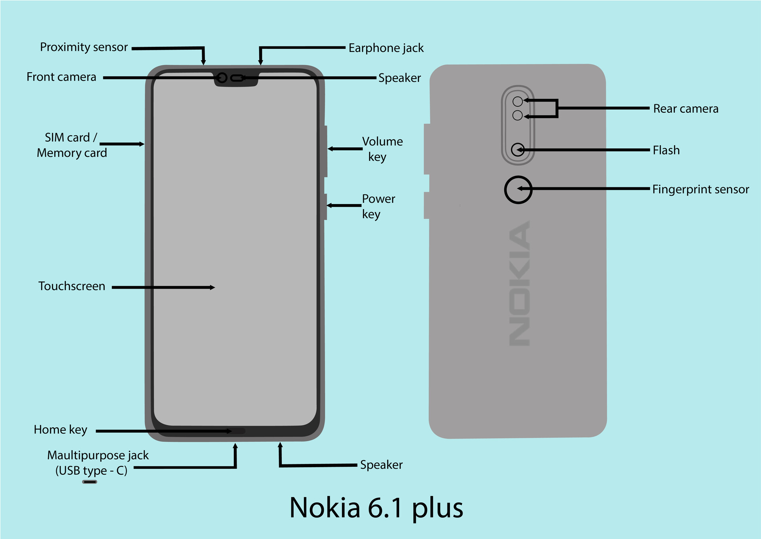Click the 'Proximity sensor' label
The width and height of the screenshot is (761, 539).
(84, 47)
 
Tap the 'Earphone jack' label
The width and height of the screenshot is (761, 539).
(386, 48)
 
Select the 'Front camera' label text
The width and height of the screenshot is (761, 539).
(61, 77)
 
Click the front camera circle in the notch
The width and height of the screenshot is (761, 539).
(222, 78)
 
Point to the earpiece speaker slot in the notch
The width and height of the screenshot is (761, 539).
(237, 78)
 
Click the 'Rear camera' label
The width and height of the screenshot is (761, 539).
(685, 109)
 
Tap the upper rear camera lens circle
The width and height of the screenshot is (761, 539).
(517, 102)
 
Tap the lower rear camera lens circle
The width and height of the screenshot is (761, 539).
(517, 115)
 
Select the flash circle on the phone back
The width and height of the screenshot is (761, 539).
(518, 150)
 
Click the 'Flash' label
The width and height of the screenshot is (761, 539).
(666, 150)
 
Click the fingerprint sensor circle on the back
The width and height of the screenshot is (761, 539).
(518, 190)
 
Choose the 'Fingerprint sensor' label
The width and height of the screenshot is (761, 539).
(700, 189)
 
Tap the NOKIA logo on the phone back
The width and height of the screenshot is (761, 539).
(519, 283)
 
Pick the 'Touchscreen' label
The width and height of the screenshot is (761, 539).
(72, 286)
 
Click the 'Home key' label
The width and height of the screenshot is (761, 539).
(60, 430)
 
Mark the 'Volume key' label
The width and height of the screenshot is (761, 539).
(382, 149)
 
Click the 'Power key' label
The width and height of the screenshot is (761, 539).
(378, 206)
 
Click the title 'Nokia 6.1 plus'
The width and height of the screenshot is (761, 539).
(376, 508)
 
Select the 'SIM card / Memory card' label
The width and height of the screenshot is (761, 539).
(71, 145)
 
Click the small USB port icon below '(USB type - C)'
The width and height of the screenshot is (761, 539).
(90, 482)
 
